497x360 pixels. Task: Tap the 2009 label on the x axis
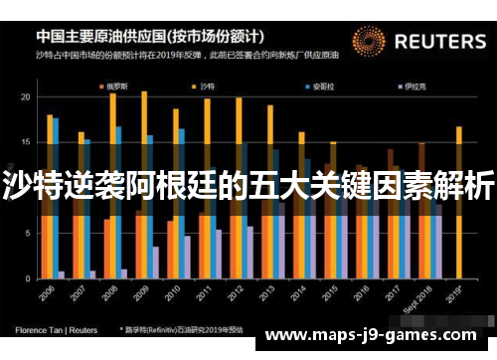pos(139,296)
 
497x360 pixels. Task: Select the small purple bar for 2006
pos(62,273)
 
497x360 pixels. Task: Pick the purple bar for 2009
pos(155,262)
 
